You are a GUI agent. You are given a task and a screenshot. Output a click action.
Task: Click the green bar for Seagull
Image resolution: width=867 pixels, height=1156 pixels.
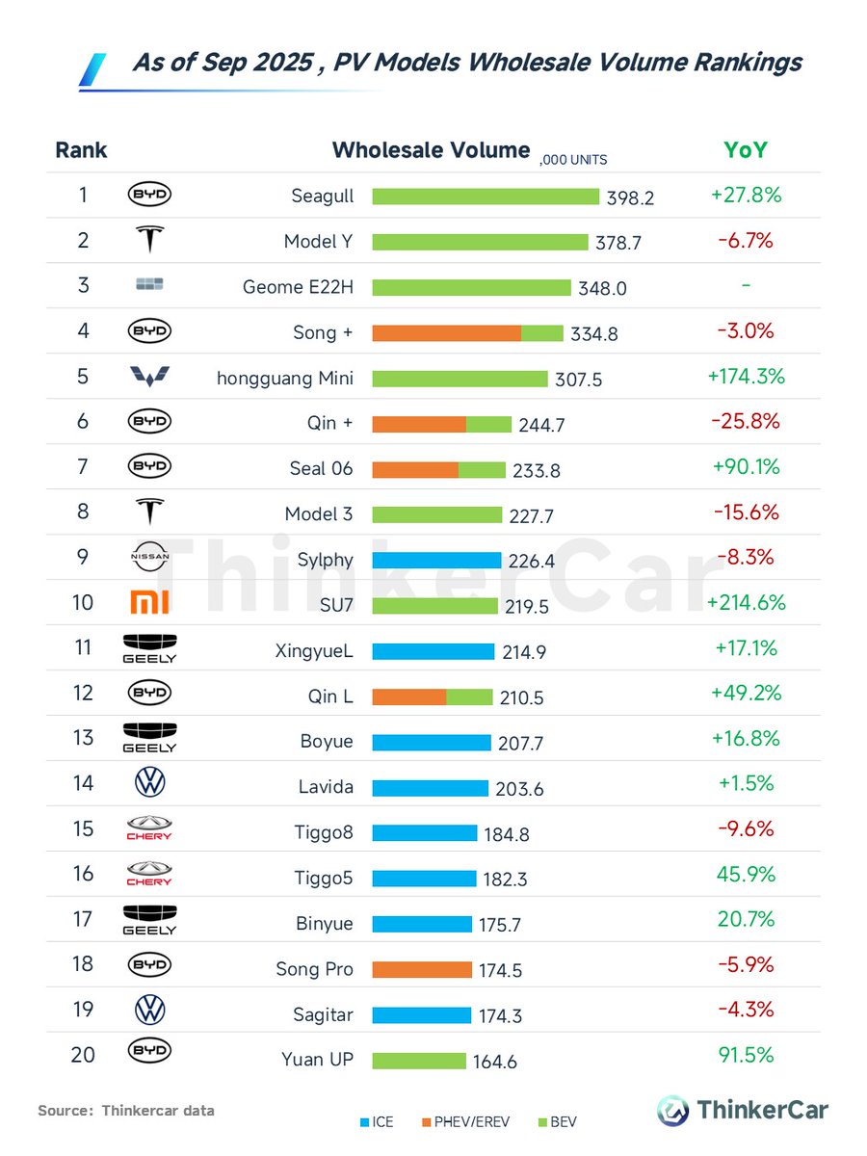coord(486,197)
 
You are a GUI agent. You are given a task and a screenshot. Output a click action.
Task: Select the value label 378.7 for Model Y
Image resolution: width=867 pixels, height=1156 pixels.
coord(618,243)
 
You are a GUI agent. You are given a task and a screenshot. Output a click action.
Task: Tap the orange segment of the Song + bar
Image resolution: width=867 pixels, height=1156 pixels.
coord(446,332)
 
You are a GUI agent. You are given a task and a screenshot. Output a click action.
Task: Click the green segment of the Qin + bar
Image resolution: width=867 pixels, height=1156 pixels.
coord(488,424)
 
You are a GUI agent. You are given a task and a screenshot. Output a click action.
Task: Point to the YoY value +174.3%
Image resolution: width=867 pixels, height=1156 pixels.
coord(747,377)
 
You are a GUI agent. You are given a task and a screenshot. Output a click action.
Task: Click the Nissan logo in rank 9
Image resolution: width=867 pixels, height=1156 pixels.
coord(149,557)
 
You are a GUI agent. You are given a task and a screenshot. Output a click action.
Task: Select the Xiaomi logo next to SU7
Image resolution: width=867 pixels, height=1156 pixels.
coord(149,603)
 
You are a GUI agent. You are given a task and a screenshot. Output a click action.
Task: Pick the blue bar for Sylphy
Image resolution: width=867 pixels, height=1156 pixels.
coord(436,561)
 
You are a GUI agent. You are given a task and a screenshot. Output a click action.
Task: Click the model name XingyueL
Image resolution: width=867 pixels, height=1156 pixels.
coord(314,651)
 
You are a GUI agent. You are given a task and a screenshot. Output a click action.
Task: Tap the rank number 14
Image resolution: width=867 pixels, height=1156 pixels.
coord(83,783)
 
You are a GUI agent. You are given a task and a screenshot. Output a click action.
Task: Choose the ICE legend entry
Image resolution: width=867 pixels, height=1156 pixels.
coord(376,1122)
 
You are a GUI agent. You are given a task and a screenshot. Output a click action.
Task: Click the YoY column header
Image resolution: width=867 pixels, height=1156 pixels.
coord(746,150)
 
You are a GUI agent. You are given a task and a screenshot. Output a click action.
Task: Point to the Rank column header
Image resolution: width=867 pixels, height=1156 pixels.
coord(81,150)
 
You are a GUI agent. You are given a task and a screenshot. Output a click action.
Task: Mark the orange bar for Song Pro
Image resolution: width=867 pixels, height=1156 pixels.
coord(422,969)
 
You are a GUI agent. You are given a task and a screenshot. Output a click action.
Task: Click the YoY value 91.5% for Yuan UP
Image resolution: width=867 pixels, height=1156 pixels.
coord(746,1055)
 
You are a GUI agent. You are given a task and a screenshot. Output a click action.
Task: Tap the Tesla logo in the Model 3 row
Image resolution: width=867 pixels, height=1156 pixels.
coord(149,512)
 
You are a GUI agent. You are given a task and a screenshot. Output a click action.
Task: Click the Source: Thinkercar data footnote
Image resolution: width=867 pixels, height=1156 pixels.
coord(126,1111)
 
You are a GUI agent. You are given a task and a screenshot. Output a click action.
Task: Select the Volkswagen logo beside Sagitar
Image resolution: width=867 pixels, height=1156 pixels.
coord(149,1010)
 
